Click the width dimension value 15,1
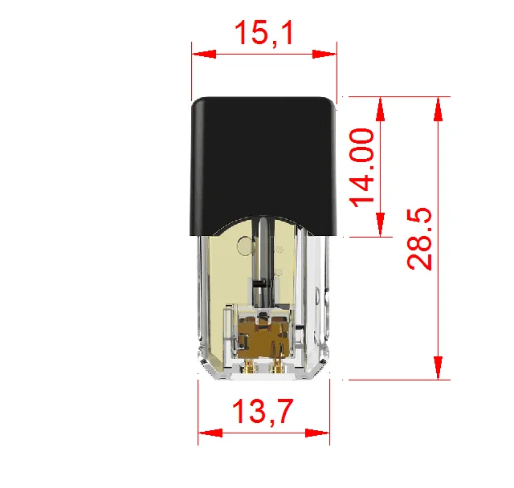(263, 34)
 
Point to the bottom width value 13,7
(263, 412)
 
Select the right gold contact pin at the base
(278, 367)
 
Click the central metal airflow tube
(263, 257)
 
